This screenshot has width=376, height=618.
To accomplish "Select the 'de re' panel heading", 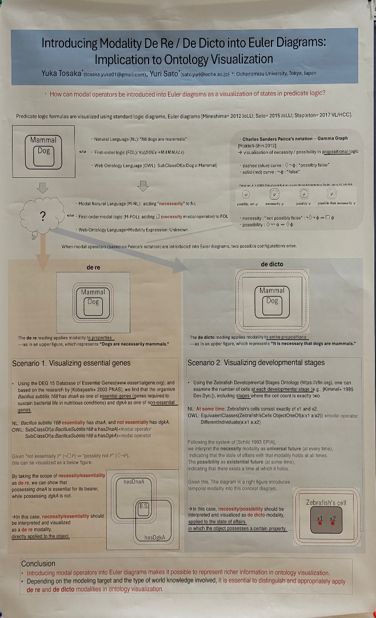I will pos(93,267).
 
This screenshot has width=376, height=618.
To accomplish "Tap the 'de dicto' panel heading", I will pos(272,264).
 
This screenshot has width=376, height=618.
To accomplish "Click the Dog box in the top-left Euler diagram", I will pos(43,151).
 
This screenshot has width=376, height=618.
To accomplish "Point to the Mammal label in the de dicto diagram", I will pos(271,291).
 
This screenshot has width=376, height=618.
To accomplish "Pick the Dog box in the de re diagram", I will pos(93,302).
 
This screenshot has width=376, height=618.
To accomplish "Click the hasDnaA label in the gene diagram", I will pos(133,482).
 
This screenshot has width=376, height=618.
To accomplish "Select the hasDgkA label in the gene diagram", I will pos(154,537).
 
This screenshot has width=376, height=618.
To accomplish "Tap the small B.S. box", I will pos(143,506).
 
